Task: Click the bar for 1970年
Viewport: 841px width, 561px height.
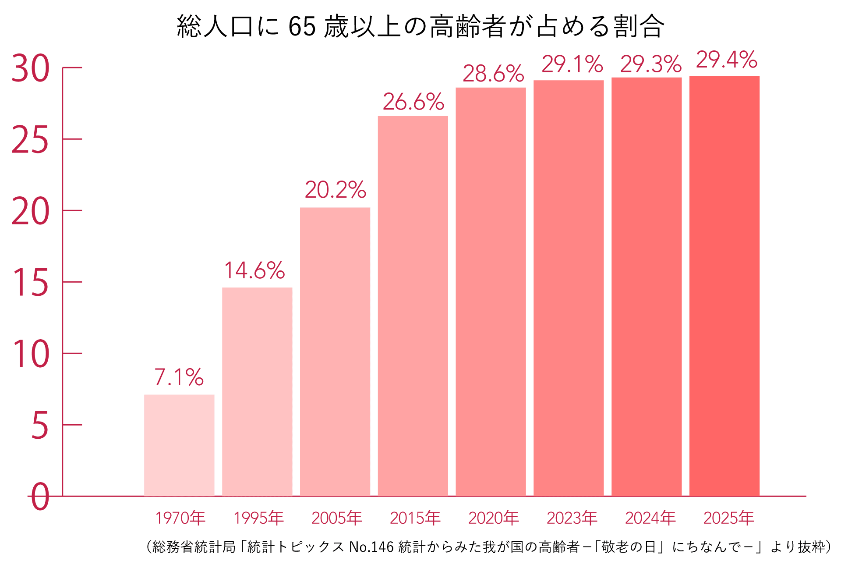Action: tap(179, 445)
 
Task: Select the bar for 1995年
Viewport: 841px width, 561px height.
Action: tap(257, 392)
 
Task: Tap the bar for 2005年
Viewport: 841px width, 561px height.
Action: tap(335, 352)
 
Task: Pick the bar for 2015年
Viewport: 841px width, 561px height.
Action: tap(413, 306)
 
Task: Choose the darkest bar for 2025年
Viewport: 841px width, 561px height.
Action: tap(724, 286)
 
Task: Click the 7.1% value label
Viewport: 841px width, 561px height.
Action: tap(179, 377)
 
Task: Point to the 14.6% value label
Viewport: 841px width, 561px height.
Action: tap(254, 270)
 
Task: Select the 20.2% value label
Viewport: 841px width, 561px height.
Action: tap(335, 190)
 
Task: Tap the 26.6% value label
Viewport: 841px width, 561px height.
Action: tap(413, 102)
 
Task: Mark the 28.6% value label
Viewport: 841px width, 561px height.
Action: tap(493, 74)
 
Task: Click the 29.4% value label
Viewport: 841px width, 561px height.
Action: tap(726, 60)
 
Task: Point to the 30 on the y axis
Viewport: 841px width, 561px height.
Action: tap(30, 69)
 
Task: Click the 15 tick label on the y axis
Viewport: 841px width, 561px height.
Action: tap(30, 283)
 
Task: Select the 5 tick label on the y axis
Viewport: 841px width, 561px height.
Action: tap(39, 426)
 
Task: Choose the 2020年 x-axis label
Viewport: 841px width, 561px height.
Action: tap(493, 518)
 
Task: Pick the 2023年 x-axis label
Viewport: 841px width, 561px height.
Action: tap(572, 518)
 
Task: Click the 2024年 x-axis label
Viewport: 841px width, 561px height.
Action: tap(650, 518)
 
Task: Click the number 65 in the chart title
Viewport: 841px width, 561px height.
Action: tap(302, 26)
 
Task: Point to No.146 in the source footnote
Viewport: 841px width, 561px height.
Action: tap(371, 547)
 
